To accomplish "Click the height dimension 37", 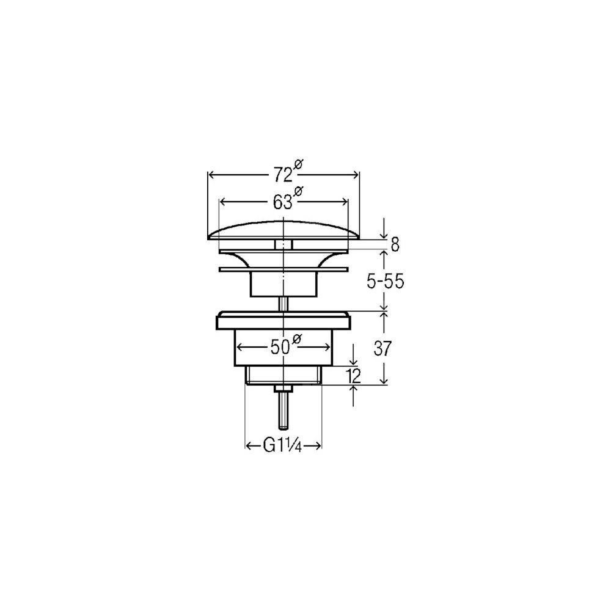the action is click(382, 348).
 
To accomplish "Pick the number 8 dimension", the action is click(395, 245).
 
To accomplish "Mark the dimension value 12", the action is click(353, 376).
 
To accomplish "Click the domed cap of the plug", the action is click(284, 231).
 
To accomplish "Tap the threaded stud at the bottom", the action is click(284, 410).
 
